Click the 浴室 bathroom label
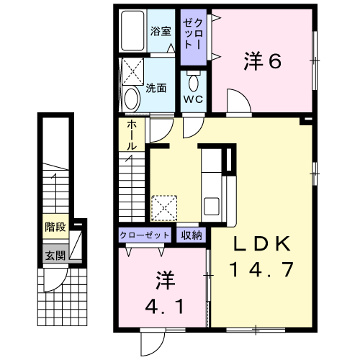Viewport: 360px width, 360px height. pyautogui.click(x=161, y=32)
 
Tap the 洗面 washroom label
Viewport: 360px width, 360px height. pyautogui.click(x=156, y=89)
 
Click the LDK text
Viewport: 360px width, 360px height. pyautogui.click(x=262, y=245)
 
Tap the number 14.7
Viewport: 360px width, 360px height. pyautogui.click(x=262, y=270)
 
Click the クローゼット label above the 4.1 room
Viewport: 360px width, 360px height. pyautogui.click(x=145, y=235)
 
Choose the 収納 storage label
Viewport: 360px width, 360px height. pyautogui.click(x=192, y=235)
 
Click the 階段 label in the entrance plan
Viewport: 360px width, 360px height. pyautogui.click(x=55, y=228)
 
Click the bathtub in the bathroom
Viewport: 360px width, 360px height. pyautogui.click(x=133, y=32)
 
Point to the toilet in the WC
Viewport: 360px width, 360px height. pyautogui.click(x=194, y=80)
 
